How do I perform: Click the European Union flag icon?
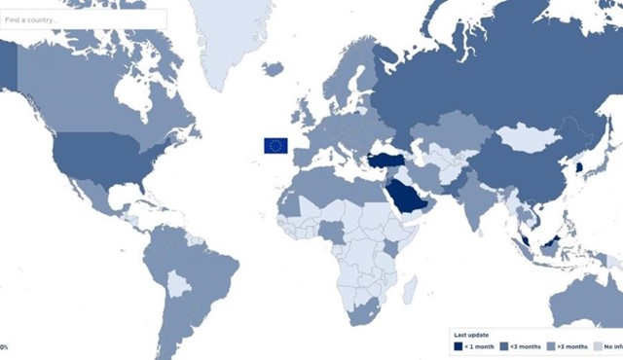pyautogui.click(x=275, y=146)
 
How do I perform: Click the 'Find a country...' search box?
pyautogui.click(x=83, y=18)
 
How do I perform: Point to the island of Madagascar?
pyautogui.click(x=411, y=289)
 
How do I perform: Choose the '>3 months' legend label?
pyautogui.click(x=574, y=346)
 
